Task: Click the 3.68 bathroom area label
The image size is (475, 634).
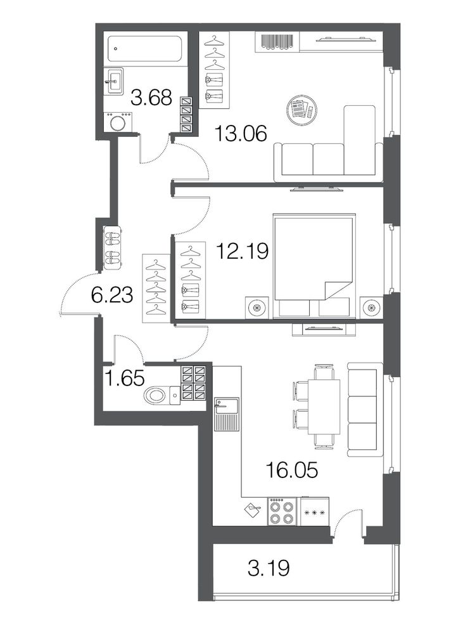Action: (151, 98)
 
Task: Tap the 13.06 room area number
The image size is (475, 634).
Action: (241, 133)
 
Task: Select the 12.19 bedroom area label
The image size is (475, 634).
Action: (243, 251)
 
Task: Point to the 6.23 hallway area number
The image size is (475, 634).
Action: (112, 295)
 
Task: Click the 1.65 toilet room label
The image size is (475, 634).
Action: (124, 378)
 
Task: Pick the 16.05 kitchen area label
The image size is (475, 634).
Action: (291, 470)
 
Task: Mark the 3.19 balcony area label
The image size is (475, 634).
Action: (269, 568)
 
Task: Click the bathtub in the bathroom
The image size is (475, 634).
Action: (144, 49)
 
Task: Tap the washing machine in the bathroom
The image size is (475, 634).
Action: (118, 122)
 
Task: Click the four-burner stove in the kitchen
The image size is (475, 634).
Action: (282, 512)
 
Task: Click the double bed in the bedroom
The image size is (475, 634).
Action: (314, 266)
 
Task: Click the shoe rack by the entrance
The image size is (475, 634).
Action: (113, 247)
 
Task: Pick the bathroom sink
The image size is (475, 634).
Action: (113, 81)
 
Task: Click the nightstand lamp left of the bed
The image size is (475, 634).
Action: (257, 307)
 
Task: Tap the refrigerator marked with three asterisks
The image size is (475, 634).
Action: (315, 512)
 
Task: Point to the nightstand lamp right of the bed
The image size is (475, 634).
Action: (372, 307)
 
